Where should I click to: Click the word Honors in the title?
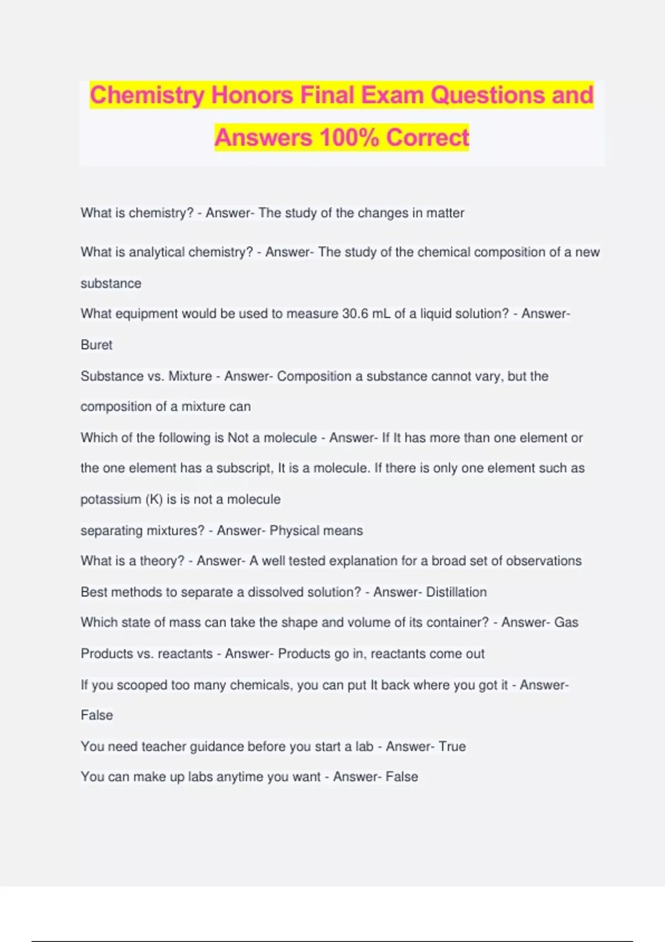coord(252,95)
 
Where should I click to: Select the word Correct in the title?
coord(427,137)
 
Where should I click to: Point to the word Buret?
coord(96,345)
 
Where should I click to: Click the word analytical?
coord(156,252)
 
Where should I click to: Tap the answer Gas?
coord(566,622)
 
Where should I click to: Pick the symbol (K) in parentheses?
coord(154,499)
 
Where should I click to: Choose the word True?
coord(452,746)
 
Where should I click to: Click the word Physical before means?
coord(294,530)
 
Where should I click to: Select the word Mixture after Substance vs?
coord(190,376)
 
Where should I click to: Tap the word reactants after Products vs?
coord(185,654)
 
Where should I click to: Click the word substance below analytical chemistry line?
coord(111,283)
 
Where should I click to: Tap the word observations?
coord(544,561)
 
